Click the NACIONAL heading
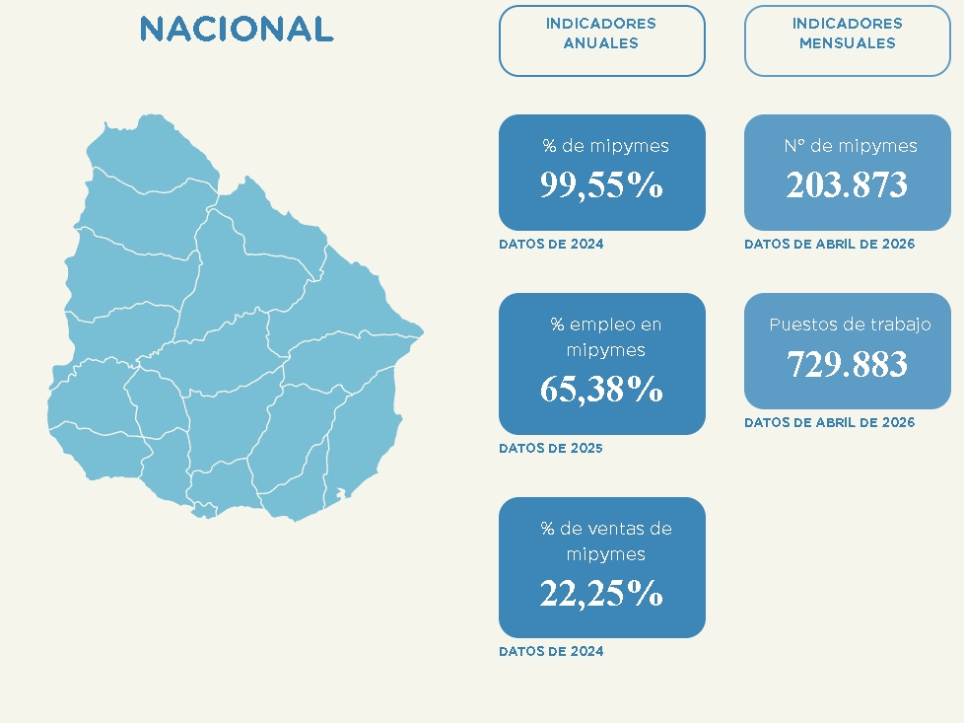[237, 29]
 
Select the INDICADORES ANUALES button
[602, 40]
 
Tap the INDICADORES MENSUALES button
[847, 40]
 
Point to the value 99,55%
[601, 184]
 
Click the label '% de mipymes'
[605, 146]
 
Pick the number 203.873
[847, 184]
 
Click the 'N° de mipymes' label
[851, 146]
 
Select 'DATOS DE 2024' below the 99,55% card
[551, 244]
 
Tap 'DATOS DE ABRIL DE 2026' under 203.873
[829, 244]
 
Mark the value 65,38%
[601, 389]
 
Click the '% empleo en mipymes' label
[605, 336]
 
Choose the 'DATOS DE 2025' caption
[551, 448]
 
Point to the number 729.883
[847, 363]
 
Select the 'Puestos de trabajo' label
[851, 325]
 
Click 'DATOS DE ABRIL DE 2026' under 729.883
[829, 422]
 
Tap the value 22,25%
[601, 593]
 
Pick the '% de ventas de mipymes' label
[605, 541]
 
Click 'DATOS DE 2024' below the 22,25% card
[551, 651]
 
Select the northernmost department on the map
[154, 154]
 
